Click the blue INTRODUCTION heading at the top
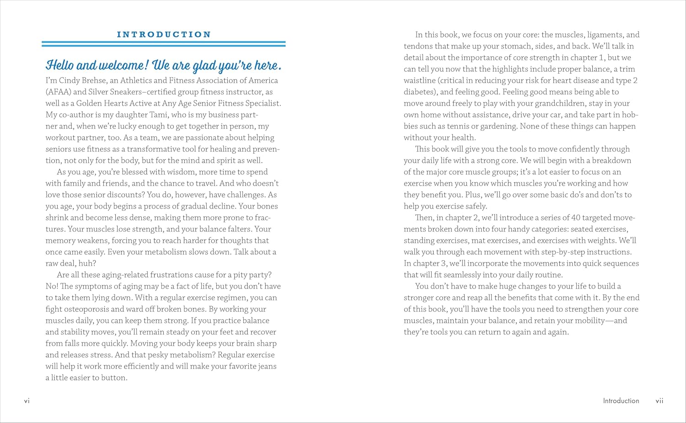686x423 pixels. point(164,34)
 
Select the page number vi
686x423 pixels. point(27,401)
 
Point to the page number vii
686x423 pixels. point(659,401)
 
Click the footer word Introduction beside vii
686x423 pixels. point(621,401)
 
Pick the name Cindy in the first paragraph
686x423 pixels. point(69,80)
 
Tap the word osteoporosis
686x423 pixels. point(87,309)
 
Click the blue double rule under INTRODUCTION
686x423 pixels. point(164,44)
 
